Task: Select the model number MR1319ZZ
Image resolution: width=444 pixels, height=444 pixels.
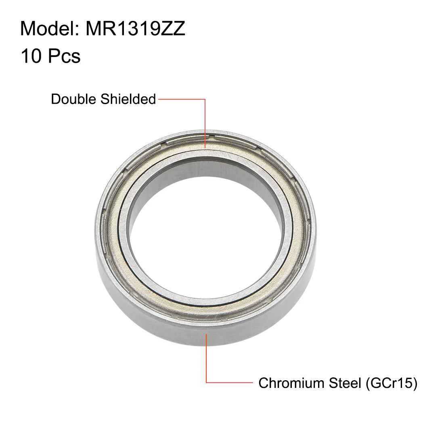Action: pyautogui.click(x=135, y=29)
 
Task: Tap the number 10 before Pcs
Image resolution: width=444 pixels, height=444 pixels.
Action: pyautogui.click(x=31, y=56)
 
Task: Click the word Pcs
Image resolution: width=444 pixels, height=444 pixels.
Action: pyautogui.click(x=64, y=56)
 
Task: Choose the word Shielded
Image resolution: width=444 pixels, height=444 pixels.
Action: pyautogui.click(x=128, y=99)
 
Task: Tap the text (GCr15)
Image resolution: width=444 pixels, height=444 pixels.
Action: pyautogui.click(x=392, y=383)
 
